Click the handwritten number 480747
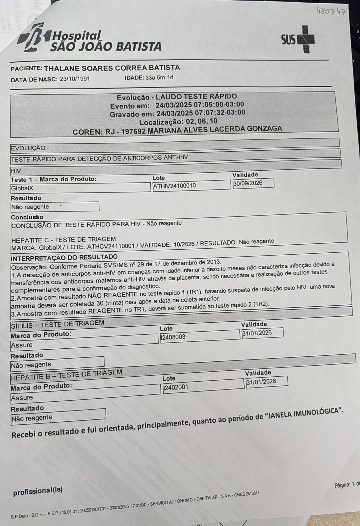tap(331, 12)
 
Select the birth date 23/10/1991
tap(75, 79)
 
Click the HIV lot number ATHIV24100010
tap(175, 186)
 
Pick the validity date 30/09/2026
tap(248, 183)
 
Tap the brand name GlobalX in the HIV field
tap(22, 189)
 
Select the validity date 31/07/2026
tap(257, 333)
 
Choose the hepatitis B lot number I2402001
tap(176, 387)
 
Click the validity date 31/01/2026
tap(261, 382)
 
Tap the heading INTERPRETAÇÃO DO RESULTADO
tap(64, 257)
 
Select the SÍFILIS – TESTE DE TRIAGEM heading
tap(58, 324)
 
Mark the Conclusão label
tap(27, 217)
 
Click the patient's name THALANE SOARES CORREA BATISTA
tap(112, 68)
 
